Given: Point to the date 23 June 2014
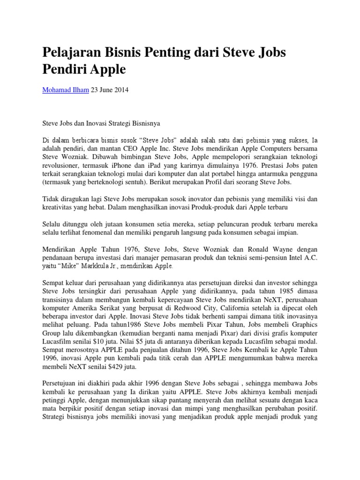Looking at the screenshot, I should pyautogui.click(x=108, y=90).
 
